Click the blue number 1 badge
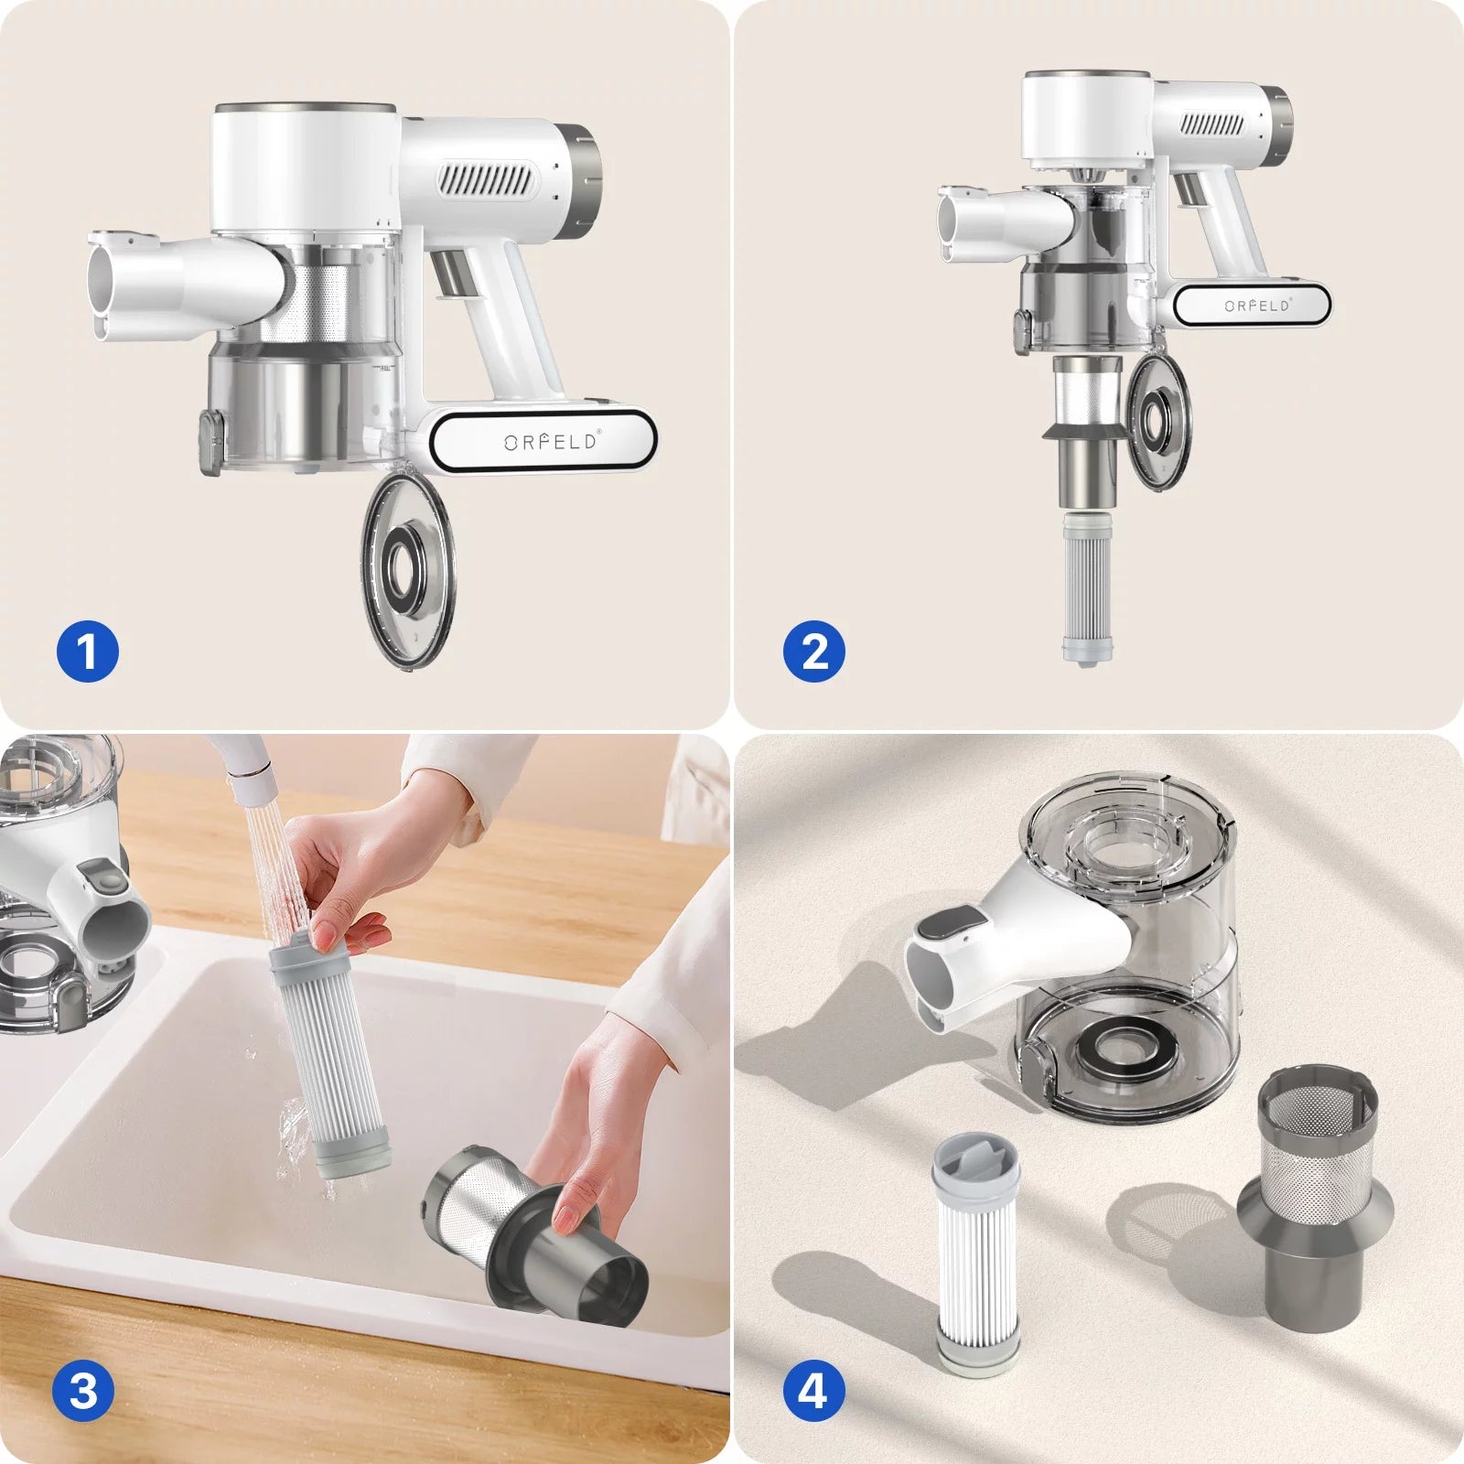click(88, 652)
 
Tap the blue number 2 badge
click(814, 652)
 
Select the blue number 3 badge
click(83, 1392)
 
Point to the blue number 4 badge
click(813, 1392)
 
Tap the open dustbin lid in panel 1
click(408, 569)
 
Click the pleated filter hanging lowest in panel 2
click(1088, 587)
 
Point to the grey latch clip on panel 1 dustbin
click(211, 443)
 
